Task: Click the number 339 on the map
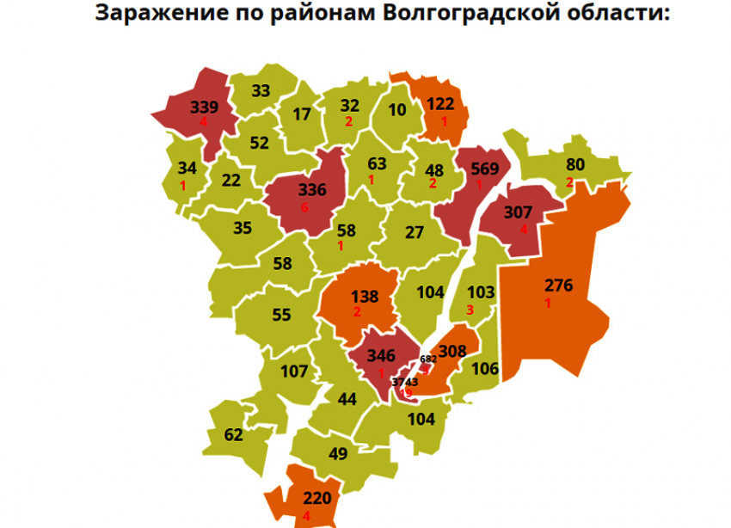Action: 204,107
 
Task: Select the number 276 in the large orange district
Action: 559,285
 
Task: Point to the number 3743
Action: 404,382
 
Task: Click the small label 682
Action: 428,359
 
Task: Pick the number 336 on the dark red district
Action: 311,190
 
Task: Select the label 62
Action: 234,435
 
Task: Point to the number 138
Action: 365,297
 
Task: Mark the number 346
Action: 380,355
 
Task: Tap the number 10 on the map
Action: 396,111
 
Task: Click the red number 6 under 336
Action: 304,207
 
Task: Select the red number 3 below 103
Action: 470,310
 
